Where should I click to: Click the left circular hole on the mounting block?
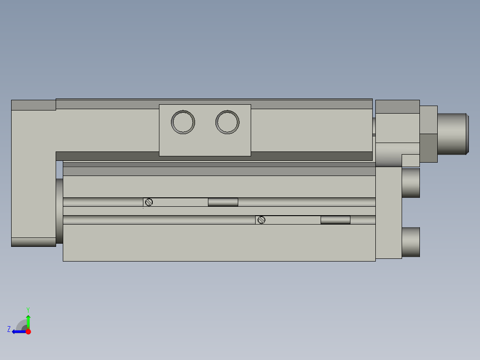pos(183,122)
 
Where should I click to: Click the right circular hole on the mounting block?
pos(227,122)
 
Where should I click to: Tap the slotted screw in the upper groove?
pos(149,202)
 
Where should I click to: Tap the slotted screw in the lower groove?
pos(261,220)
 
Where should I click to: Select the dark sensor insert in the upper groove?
pos(223,202)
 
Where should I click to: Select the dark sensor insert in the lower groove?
pos(335,220)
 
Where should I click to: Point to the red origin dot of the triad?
pos(28,331)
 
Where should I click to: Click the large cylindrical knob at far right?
pos(452,134)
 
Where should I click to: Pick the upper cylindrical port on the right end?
pos(411,182)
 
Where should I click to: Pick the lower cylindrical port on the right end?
pos(411,242)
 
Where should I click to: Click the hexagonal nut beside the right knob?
pos(428,134)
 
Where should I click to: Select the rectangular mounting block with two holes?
pos(205,143)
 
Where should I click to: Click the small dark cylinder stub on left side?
pos(59,211)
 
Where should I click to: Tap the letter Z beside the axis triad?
pos(9,329)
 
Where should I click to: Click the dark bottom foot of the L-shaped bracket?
pos(33,242)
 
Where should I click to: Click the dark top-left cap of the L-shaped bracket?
pos(33,105)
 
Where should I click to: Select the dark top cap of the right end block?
pos(397,106)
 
